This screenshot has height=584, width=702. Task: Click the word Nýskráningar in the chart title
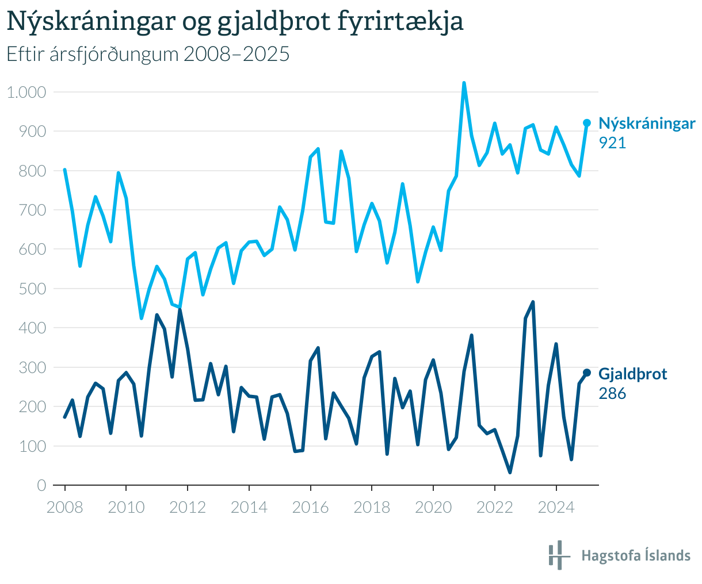(91, 21)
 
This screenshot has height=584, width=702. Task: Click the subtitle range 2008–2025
(236, 53)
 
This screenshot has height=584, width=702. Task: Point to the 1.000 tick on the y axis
(26, 92)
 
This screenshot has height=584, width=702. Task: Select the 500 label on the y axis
(32, 289)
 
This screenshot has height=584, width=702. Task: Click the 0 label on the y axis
(41, 485)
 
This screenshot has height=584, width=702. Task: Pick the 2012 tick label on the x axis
(187, 507)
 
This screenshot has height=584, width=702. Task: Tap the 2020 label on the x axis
(433, 507)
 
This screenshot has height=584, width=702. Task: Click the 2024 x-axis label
(556, 507)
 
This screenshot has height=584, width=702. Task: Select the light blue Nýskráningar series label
(647, 123)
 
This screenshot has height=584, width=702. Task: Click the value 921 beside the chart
(612, 143)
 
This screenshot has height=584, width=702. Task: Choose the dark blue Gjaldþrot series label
(632, 374)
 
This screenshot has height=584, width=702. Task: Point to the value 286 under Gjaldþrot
(612, 393)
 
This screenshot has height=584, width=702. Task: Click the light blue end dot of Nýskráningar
(587, 123)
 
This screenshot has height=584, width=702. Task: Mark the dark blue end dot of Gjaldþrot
(587, 372)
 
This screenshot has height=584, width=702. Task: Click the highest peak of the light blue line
(464, 83)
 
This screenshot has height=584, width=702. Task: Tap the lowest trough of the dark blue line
(510, 472)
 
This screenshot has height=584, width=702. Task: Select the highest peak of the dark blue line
(533, 302)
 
